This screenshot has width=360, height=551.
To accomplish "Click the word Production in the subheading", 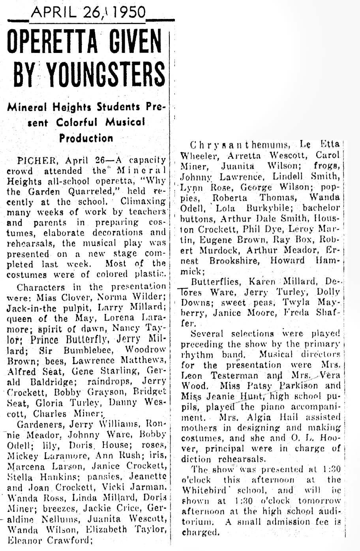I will click(86, 138).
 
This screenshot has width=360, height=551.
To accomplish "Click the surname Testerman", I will click(225, 376).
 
